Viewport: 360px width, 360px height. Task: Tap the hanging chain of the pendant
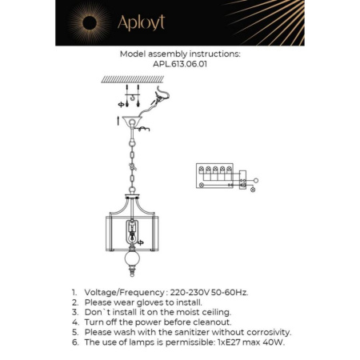tap(130, 164)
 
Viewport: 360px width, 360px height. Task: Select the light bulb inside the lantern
tap(130, 237)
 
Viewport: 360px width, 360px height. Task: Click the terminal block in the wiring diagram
tap(214, 175)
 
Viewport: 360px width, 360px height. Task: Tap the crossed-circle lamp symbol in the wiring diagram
tap(254, 190)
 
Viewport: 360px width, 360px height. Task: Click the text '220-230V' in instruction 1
tap(190, 294)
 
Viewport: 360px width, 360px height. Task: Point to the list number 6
tap(74, 342)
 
